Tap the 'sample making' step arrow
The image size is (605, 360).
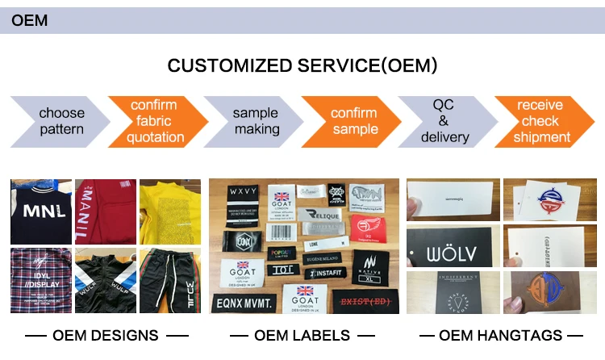click(254, 121)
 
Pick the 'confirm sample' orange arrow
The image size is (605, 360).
click(352, 121)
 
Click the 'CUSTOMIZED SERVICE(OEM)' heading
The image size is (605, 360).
click(302, 65)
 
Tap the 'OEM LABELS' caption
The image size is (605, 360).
click(302, 335)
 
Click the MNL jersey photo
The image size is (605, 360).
click(40, 211)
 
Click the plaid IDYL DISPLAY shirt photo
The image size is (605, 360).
click(40, 280)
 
